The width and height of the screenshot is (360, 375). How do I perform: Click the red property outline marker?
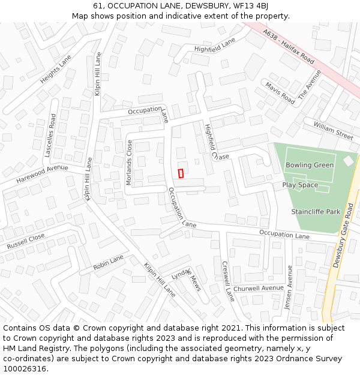[181, 173]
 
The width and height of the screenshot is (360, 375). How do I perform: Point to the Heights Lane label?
[56, 69]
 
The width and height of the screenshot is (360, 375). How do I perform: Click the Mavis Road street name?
[280, 93]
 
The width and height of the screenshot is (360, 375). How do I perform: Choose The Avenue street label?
[310, 88]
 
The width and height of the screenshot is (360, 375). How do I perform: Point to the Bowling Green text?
[309, 165]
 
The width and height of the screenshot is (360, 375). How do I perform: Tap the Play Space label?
[300, 185]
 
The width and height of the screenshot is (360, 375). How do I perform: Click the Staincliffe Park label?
[316, 212]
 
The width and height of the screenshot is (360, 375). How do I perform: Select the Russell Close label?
[26, 242]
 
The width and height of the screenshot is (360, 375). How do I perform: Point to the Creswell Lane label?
[228, 280]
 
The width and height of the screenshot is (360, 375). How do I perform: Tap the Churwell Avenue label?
[258, 289]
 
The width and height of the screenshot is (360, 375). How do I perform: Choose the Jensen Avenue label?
[289, 288]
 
